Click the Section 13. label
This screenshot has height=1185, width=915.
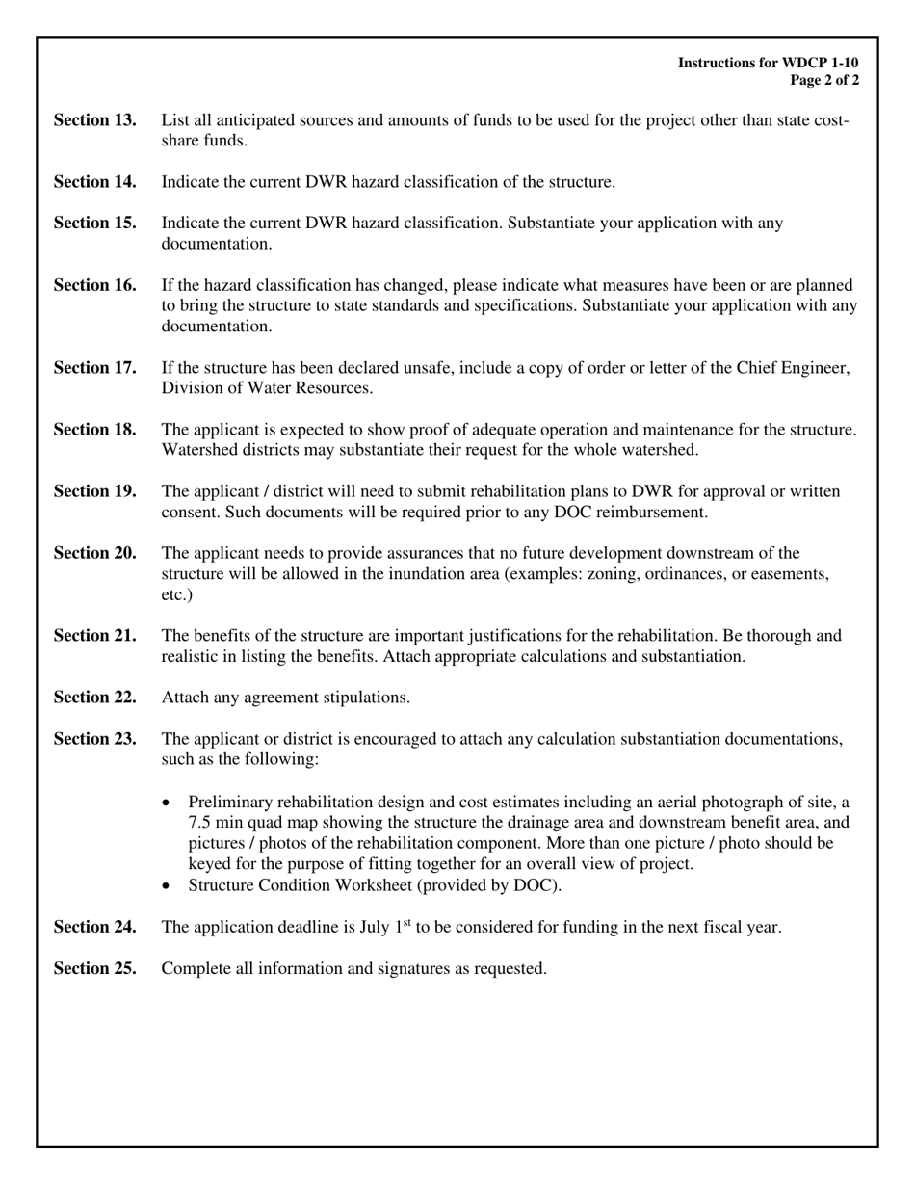pos(94,120)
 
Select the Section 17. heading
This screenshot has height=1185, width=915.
pos(94,368)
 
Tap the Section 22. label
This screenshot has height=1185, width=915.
pos(94,698)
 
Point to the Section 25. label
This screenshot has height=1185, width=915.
pos(94,969)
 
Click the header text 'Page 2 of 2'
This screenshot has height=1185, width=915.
pos(824,81)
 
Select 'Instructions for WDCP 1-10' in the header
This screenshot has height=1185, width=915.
pos(768,63)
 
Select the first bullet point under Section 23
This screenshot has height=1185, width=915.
pos(169,803)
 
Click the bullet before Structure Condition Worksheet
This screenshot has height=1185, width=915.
pos(169,885)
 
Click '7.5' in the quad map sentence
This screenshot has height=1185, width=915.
pos(200,823)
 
